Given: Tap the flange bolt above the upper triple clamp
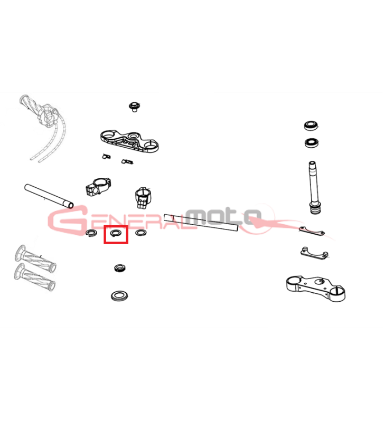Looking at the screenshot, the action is point(134,107).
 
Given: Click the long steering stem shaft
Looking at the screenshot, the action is point(313,187).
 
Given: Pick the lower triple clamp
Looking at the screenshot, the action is point(315,289).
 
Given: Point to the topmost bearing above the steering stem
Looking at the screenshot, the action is point(312,126).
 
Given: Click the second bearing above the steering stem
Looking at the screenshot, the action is point(312,142).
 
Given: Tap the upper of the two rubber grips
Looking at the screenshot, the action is point(35,259).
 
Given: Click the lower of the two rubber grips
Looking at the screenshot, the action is point(34,277).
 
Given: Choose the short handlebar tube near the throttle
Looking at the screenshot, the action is point(49,196).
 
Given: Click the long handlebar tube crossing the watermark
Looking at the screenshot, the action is point(201,222).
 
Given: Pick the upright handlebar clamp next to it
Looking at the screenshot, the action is point(143,198).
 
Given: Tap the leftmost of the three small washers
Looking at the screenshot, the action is point(91,233).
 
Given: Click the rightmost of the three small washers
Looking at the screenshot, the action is point(141,232).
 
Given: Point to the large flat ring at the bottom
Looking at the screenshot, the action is point(119,296).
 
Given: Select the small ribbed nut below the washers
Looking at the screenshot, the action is point(120,268).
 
